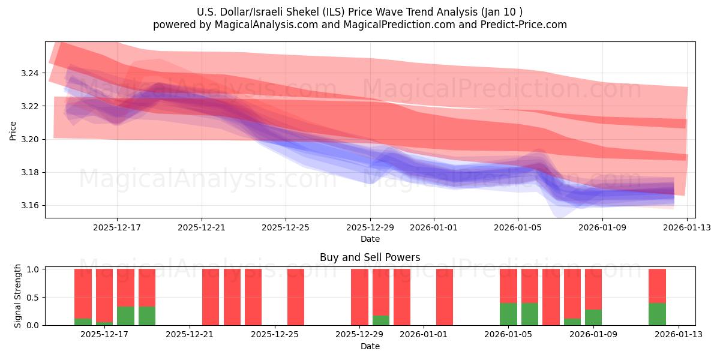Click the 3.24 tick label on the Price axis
tap(29, 73)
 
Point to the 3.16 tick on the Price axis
tap(29, 206)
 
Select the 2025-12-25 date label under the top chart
tap(286, 228)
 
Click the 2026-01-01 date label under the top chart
tap(434, 228)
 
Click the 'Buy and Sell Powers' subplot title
tap(370, 258)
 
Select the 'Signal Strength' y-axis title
tap(18, 296)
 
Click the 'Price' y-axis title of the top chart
tap(13, 130)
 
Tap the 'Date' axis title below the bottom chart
tap(370, 346)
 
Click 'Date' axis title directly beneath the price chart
tap(370, 239)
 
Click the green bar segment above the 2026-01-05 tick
tap(508, 314)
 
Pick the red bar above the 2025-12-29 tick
tap(359, 297)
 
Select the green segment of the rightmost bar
tap(657, 314)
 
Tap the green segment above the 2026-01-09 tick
tap(593, 317)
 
